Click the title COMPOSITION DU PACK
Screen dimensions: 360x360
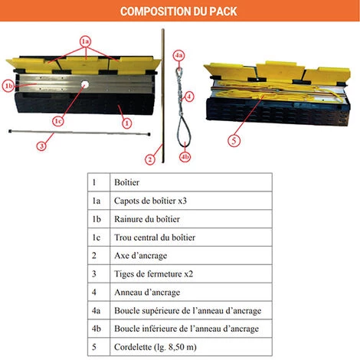[x=178, y=11]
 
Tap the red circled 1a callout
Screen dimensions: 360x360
[x=85, y=41]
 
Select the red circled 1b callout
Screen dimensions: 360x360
[x=8, y=86]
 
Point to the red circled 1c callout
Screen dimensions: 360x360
[x=58, y=121]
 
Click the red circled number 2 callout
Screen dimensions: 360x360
[x=150, y=160]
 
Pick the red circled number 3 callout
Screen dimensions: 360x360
[x=41, y=146]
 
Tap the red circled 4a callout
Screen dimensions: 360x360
[x=178, y=55]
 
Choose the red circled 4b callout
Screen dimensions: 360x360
[x=185, y=157]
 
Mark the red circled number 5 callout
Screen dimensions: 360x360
[x=234, y=140]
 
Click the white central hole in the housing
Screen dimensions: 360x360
[x=84, y=84]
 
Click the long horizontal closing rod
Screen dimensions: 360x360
[x=80, y=133]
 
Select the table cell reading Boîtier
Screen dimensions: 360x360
[x=191, y=182]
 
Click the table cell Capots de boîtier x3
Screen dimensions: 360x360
[x=191, y=201]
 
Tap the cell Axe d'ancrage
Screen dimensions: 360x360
[x=191, y=256]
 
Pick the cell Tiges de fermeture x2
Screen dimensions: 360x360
[x=191, y=274]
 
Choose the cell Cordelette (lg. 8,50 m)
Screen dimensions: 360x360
[x=191, y=347]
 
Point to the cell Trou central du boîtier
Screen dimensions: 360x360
[x=191, y=237]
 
